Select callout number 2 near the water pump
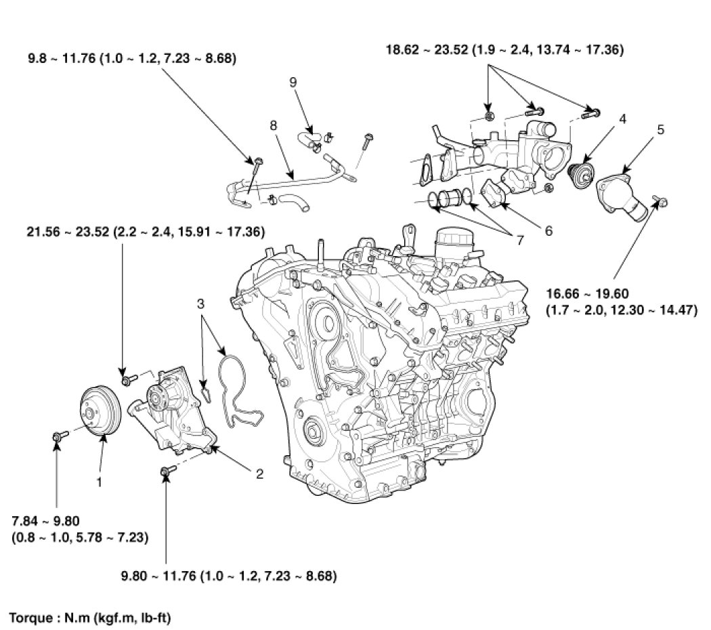click(x=259, y=474)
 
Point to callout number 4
click(x=622, y=119)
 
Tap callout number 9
click(x=293, y=82)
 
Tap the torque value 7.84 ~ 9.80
click(x=43, y=520)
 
